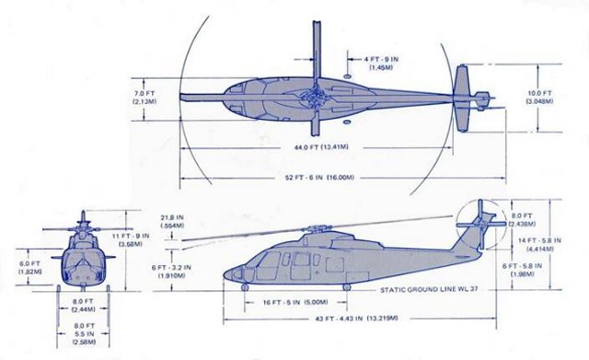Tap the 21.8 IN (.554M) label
click(x=171, y=222)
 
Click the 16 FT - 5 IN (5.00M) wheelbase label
click(x=295, y=300)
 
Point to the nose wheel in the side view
click(x=247, y=286)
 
